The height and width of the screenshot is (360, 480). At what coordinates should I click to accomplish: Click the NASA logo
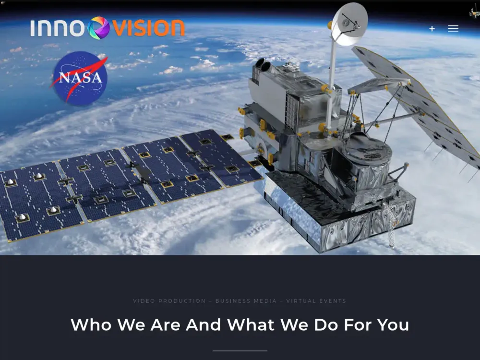pos(80,78)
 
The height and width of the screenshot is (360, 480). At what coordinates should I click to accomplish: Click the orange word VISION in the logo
pos(148,28)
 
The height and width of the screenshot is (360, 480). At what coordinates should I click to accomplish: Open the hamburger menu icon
pos(453,29)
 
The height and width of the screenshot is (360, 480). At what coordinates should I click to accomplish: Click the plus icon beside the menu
pos(432,29)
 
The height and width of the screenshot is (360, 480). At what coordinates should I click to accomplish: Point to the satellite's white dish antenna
pos(349,24)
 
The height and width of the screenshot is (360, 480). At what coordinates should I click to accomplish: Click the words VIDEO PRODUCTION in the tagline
pos(169,301)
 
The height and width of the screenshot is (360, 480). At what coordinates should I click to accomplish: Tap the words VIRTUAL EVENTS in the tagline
pos(316,301)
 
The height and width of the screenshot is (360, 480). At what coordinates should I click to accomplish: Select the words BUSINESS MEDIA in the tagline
pos(246,301)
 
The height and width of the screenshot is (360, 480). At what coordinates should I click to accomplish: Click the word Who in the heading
pos(91,325)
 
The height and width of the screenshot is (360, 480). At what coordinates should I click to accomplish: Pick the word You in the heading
pos(393,325)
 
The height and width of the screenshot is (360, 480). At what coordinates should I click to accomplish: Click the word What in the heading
pos(251,325)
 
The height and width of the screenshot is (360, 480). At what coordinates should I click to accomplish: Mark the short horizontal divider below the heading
pos(240,351)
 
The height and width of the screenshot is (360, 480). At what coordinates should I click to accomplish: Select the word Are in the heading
pos(166,325)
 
